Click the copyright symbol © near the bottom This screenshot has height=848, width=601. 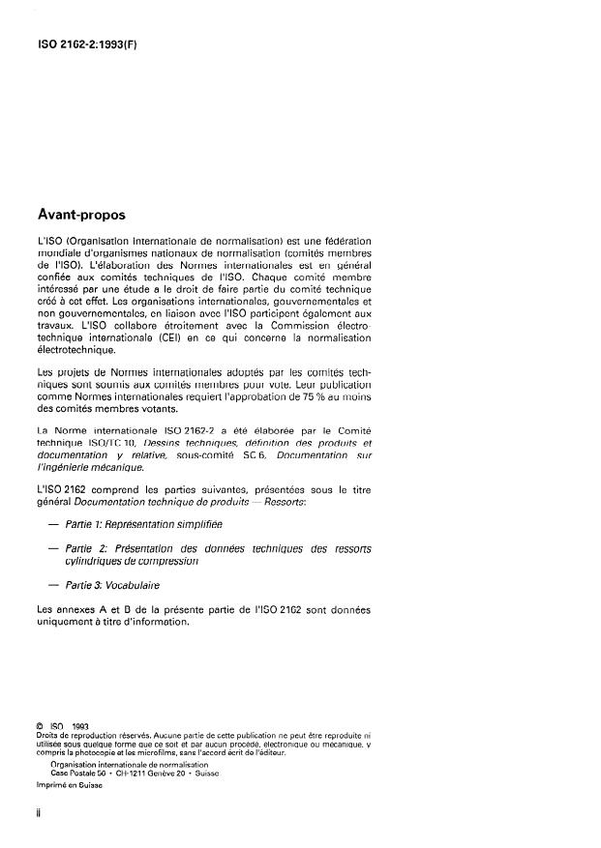click(38, 723)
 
